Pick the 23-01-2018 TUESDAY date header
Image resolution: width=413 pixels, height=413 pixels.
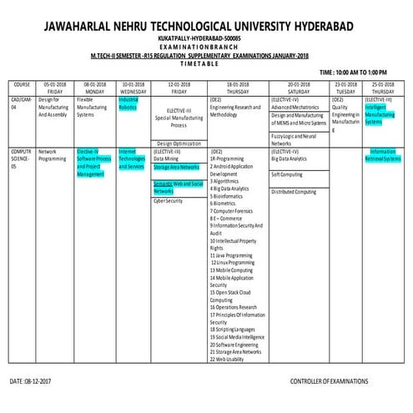345,87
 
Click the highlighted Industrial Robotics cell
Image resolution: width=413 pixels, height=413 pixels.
128,103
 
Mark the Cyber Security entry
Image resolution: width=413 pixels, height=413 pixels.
168,201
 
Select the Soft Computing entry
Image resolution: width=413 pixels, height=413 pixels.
288,174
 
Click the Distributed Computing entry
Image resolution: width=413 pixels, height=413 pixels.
294,191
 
